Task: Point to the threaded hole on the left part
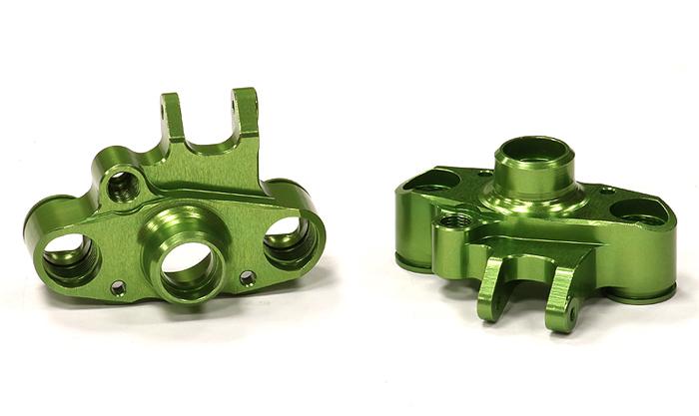point(124,185)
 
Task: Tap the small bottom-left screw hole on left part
point(118,288)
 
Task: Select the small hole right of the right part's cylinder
point(604,190)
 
